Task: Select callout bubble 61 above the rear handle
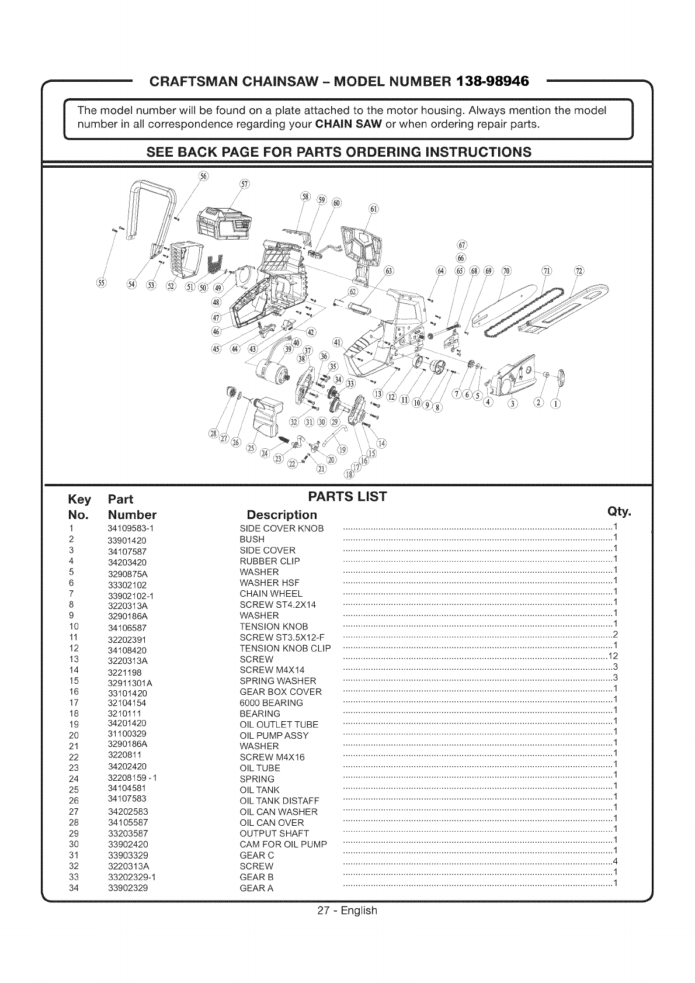(x=374, y=210)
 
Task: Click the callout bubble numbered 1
(x=555, y=403)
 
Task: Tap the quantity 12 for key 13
(x=613, y=655)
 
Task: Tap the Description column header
(x=282, y=515)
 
